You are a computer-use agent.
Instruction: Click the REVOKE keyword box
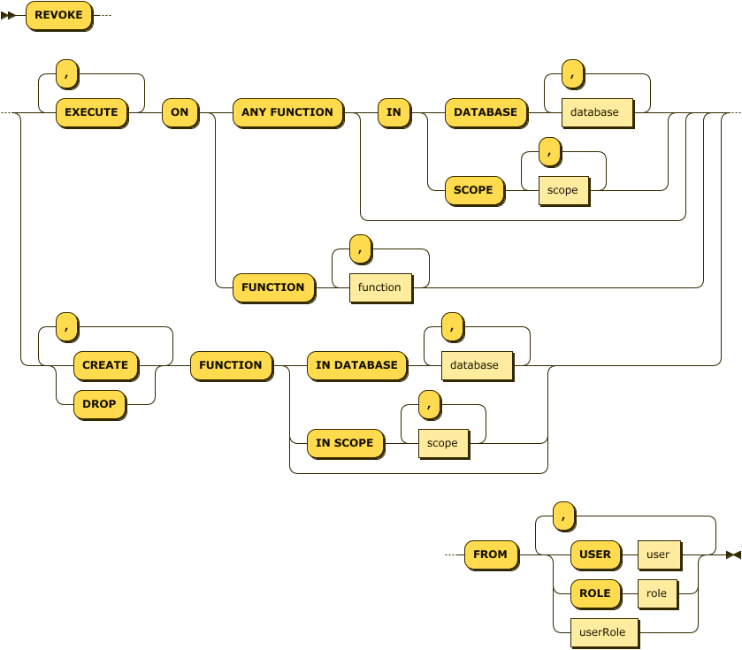pyautogui.click(x=58, y=15)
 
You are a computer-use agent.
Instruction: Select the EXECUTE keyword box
pyautogui.click(x=91, y=112)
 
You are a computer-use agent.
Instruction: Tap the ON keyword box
pyautogui.click(x=180, y=112)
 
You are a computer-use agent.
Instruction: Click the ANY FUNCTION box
pyautogui.click(x=287, y=112)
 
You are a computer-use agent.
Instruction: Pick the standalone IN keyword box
pyautogui.click(x=394, y=112)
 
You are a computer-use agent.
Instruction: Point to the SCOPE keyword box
pyautogui.click(x=473, y=190)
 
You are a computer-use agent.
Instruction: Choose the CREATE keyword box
pyautogui.click(x=105, y=365)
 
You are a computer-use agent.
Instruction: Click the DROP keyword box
pyautogui.click(x=99, y=404)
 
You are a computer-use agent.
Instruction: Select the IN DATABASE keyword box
pyautogui.click(x=356, y=365)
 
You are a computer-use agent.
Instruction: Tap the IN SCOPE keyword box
pyautogui.click(x=345, y=443)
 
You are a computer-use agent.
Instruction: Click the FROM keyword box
pyautogui.click(x=490, y=554)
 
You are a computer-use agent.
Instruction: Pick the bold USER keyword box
pyautogui.click(x=595, y=554)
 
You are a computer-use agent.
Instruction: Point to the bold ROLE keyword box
pyautogui.click(x=595, y=593)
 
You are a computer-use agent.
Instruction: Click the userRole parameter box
pyautogui.click(x=602, y=632)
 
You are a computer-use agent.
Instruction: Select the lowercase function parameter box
pyautogui.click(x=379, y=287)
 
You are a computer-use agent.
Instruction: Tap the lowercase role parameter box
pyautogui.click(x=656, y=593)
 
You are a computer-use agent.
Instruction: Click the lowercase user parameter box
pyautogui.click(x=658, y=554)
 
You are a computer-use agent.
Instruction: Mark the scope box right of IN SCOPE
pyautogui.click(x=442, y=443)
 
